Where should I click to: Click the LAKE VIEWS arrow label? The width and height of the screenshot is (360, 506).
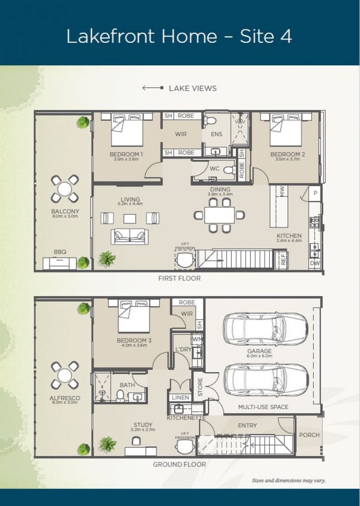tap(180, 88)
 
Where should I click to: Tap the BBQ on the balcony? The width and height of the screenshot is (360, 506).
tap(59, 263)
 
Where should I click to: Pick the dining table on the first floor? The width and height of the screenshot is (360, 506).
tap(220, 215)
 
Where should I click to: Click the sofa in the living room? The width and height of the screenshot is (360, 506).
tap(130, 236)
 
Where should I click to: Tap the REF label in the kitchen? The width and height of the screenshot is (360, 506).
tap(283, 259)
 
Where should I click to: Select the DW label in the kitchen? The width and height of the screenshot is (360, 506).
tap(315, 264)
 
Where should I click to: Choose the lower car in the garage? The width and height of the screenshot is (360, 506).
tap(265, 379)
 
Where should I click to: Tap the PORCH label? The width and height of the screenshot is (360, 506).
tap(309, 435)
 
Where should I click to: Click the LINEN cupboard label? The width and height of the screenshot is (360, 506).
tap(181, 397)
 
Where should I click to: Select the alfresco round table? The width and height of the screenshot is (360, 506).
tap(65, 375)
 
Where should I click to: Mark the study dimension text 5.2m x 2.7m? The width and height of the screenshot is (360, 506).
tap(142, 430)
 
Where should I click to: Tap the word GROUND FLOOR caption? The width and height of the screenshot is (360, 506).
tap(179, 464)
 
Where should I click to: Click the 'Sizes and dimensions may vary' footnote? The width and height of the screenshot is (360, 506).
tap(288, 480)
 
